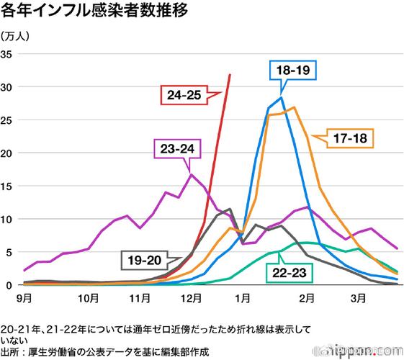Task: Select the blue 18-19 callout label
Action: coord(293,71)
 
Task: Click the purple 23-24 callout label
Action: coord(176,149)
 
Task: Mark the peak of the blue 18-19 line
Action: coord(282,98)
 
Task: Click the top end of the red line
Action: coord(230,74)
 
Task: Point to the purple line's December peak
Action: coord(192,174)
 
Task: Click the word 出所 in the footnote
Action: coord(11,351)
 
